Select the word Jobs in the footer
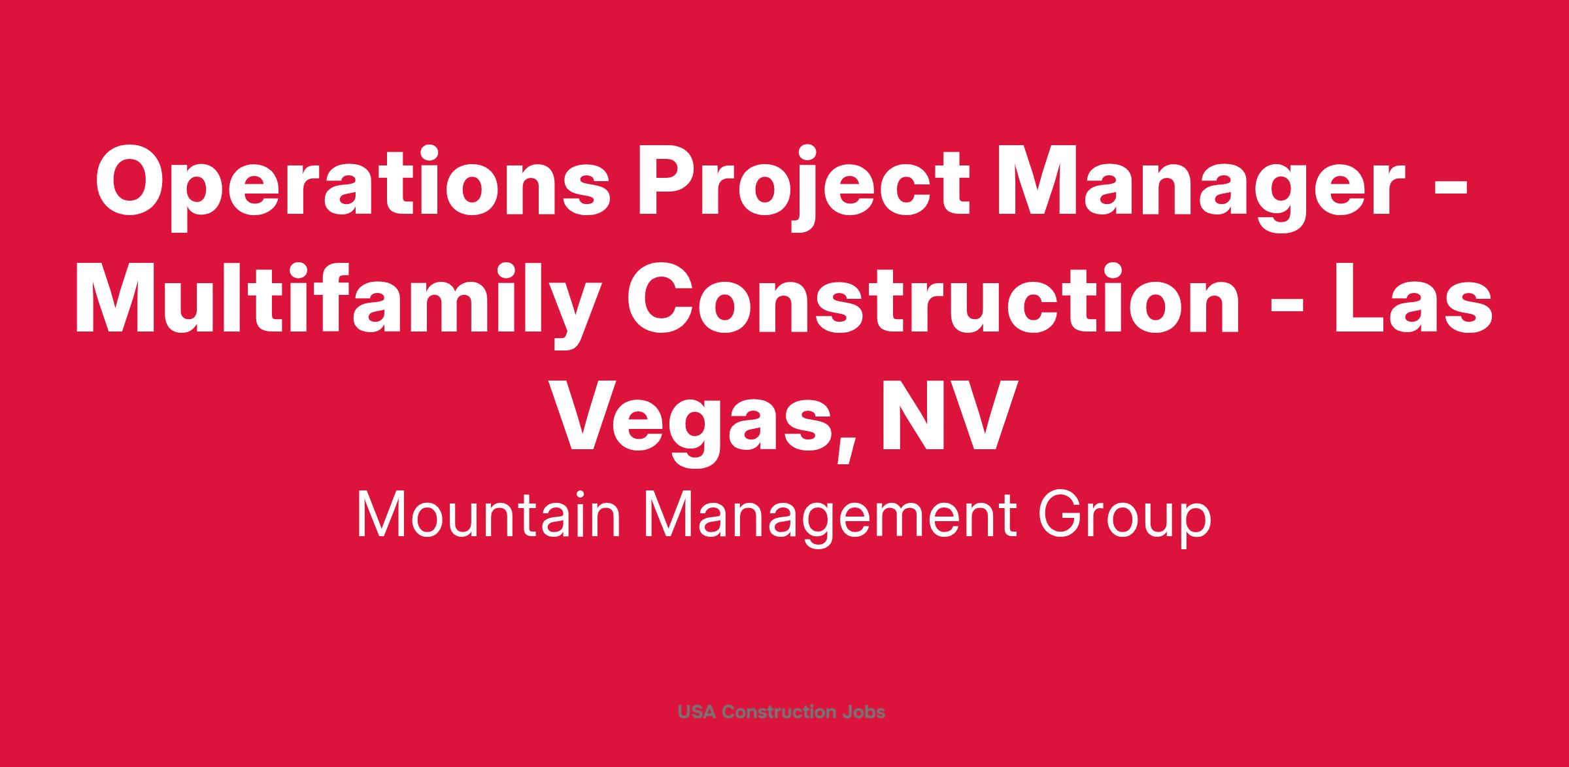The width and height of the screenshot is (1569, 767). pyautogui.click(x=862, y=711)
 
